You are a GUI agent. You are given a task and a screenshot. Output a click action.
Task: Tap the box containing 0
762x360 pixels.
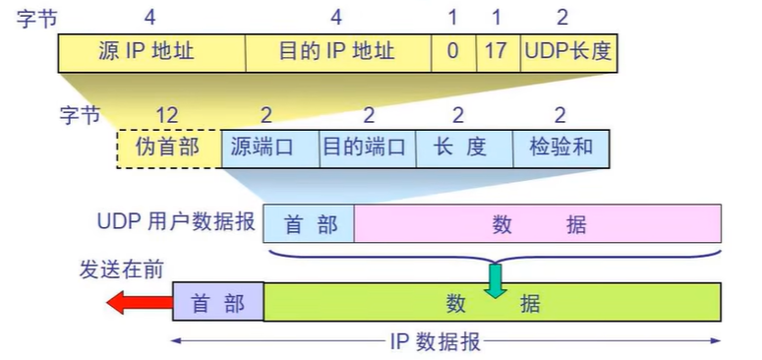453,51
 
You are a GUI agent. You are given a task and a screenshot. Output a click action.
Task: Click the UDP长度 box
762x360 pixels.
567,51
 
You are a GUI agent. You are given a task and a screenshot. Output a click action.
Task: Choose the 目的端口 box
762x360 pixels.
365,148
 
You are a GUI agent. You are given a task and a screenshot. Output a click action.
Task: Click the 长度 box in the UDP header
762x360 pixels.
461,148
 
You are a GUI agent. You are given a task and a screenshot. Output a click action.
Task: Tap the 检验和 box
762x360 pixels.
559,148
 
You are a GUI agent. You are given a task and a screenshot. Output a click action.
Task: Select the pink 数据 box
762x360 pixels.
538,224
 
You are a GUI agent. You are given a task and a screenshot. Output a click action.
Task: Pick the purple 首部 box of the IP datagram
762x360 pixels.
217,303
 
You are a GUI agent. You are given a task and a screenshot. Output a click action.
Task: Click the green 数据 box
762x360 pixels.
492,303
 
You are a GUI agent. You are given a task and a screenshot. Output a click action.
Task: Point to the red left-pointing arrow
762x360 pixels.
139,302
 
